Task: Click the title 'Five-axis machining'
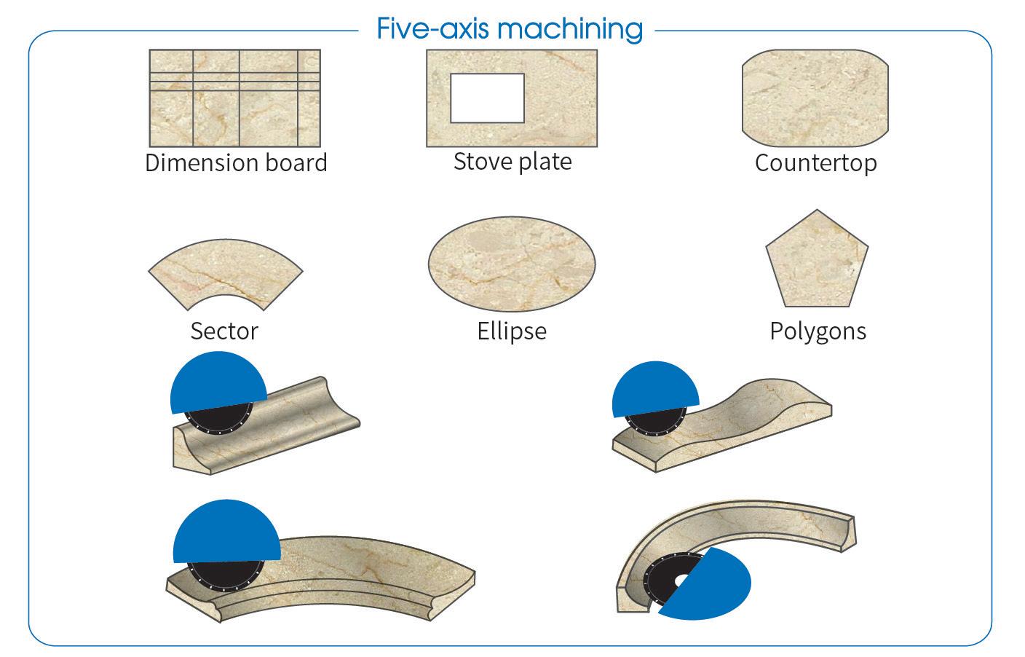[510, 29]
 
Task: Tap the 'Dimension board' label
[236, 162]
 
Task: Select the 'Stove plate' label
[512, 162]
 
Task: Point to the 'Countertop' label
[816, 163]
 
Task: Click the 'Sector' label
[224, 331]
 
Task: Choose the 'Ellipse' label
[512, 331]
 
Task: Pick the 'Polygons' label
[818, 331]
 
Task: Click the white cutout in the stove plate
[487, 98]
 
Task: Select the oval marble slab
[512, 264]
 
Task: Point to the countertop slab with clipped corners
[815, 98]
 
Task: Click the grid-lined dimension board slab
[234, 98]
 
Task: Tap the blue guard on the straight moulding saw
[218, 382]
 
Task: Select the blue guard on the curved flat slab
[226, 531]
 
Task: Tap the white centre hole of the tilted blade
[682, 580]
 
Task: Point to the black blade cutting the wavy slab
[655, 422]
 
